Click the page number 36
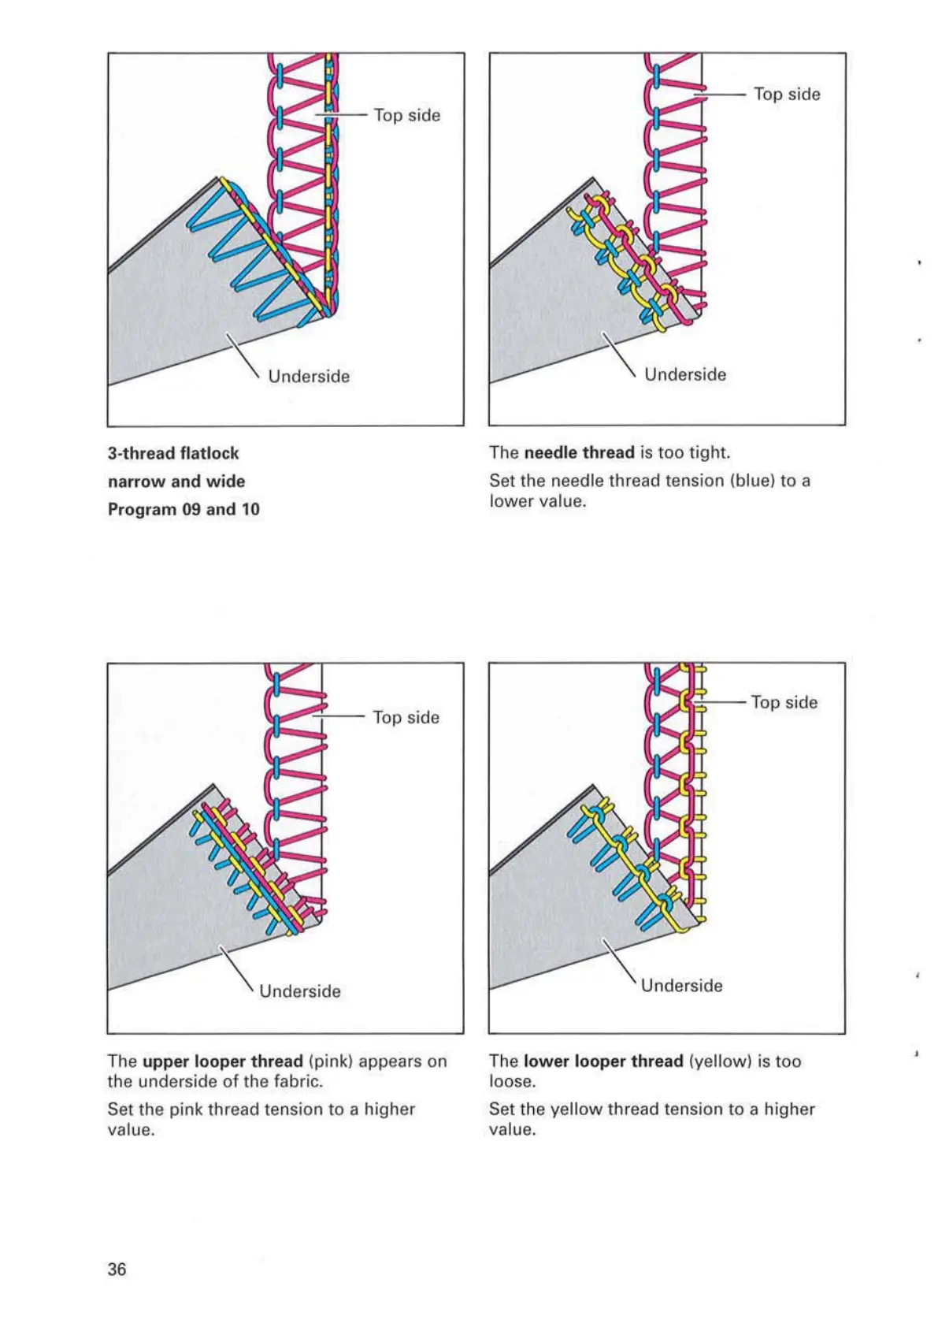pos(117,1269)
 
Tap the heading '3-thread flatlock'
pos(173,453)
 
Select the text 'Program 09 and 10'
pos(184,509)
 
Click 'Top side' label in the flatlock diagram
pos(406,115)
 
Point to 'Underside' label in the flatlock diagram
pos(309,376)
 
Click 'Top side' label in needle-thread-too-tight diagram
pos(787,94)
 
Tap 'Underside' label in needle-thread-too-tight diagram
pos(685,374)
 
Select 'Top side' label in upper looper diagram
pos(406,717)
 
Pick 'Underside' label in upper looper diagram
pos(300,991)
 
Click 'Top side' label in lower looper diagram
pos(784,702)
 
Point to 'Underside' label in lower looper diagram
pos(681,985)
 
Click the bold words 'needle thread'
pos(579,452)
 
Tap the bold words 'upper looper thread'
pos(222,1061)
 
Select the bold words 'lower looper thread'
pos(603,1061)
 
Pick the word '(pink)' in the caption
pos(331,1061)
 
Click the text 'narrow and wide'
pos(176,481)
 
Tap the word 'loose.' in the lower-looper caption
pos(512,1081)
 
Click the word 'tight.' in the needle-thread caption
pos(710,452)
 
